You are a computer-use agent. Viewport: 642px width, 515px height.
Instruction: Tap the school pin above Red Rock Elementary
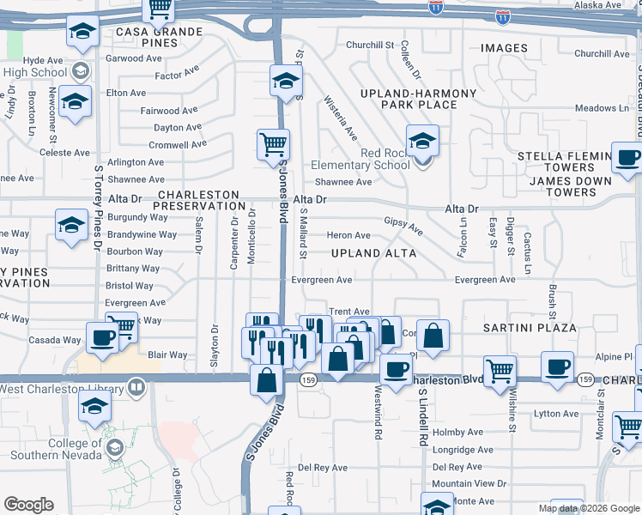pos(422,140)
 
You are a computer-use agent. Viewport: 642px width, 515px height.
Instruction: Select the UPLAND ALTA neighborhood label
pos(373,253)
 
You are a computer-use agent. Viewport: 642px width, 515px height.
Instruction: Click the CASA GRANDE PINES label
pos(159,38)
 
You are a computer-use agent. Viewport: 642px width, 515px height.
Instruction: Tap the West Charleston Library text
pos(58,389)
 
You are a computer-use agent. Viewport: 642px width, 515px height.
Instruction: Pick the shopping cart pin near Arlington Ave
pos(273,143)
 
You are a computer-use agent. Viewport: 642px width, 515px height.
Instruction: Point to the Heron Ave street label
pos(348,235)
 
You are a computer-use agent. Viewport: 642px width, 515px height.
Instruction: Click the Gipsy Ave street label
pos(403,226)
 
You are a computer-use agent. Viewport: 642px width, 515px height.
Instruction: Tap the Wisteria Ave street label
pos(340,118)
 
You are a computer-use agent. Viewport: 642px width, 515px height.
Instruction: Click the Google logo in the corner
pos(28,505)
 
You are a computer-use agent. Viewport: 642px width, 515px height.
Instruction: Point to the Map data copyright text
pos(590,508)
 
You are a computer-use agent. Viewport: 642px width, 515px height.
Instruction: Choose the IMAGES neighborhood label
pos(504,47)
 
